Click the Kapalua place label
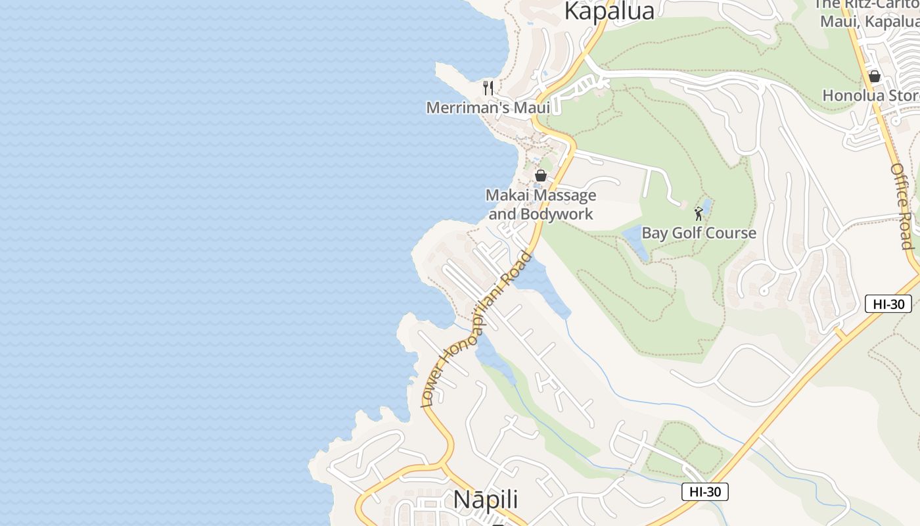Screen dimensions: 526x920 coord(609,11)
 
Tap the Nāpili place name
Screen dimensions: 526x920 coord(486,500)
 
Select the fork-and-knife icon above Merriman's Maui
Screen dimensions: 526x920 coord(488,88)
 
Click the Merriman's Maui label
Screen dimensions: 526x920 coord(488,107)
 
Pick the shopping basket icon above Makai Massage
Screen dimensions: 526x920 coord(541,176)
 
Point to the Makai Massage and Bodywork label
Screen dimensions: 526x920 coord(541,204)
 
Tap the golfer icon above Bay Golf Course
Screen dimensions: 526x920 coord(699,214)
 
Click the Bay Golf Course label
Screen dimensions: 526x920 coord(699,233)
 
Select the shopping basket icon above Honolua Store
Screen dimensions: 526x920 coord(874,76)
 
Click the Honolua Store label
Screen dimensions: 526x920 coord(871,95)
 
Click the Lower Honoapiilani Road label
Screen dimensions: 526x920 coord(476,329)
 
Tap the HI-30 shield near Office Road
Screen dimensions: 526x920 coord(888,304)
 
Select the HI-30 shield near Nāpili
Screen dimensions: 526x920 coord(704,492)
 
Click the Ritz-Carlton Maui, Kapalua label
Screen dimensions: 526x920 coord(867,13)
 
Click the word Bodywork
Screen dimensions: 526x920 coord(557,214)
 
